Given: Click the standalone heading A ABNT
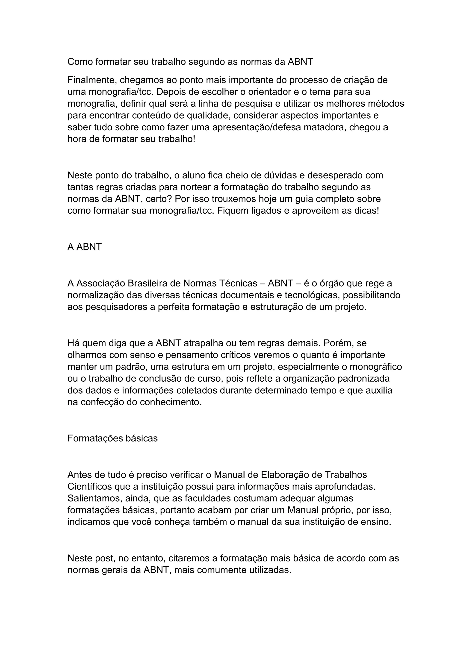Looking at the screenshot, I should (85, 247).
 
